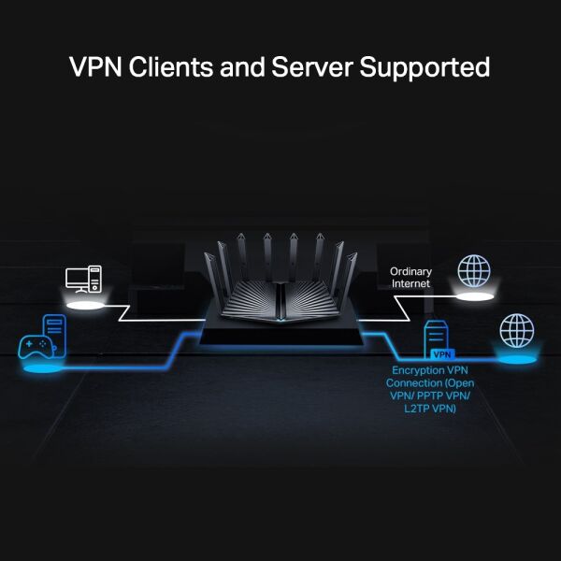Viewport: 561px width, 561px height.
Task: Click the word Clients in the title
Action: point(167,67)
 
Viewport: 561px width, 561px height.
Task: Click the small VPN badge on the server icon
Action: point(441,354)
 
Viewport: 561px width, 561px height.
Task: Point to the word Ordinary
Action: point(410,271)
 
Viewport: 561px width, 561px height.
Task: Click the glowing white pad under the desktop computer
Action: point(82,303)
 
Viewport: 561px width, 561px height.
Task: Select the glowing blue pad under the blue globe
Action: point(516,358)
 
